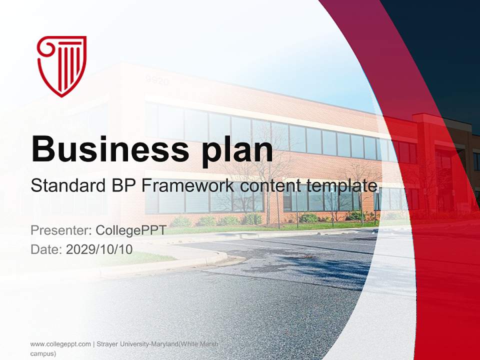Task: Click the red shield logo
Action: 61,65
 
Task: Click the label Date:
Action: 46,249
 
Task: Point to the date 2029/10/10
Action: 99,249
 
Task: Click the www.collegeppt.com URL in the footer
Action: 60,344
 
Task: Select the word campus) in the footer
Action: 43,353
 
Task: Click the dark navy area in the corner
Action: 440,40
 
